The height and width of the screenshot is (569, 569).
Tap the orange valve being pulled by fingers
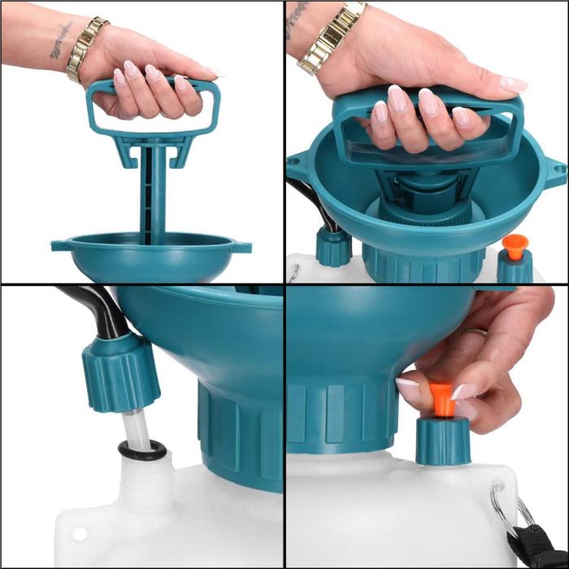pos(441,398)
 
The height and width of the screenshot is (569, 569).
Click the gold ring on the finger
pos(475,332)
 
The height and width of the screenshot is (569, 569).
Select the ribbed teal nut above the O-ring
pos(119,371)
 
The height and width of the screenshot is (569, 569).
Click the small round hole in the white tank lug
pos(80,533)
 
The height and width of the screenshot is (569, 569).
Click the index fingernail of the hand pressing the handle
pos(397,99)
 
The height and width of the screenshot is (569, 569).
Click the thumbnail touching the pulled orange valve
pos(409,388)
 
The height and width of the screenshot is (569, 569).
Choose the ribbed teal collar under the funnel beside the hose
pos(236,431)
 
